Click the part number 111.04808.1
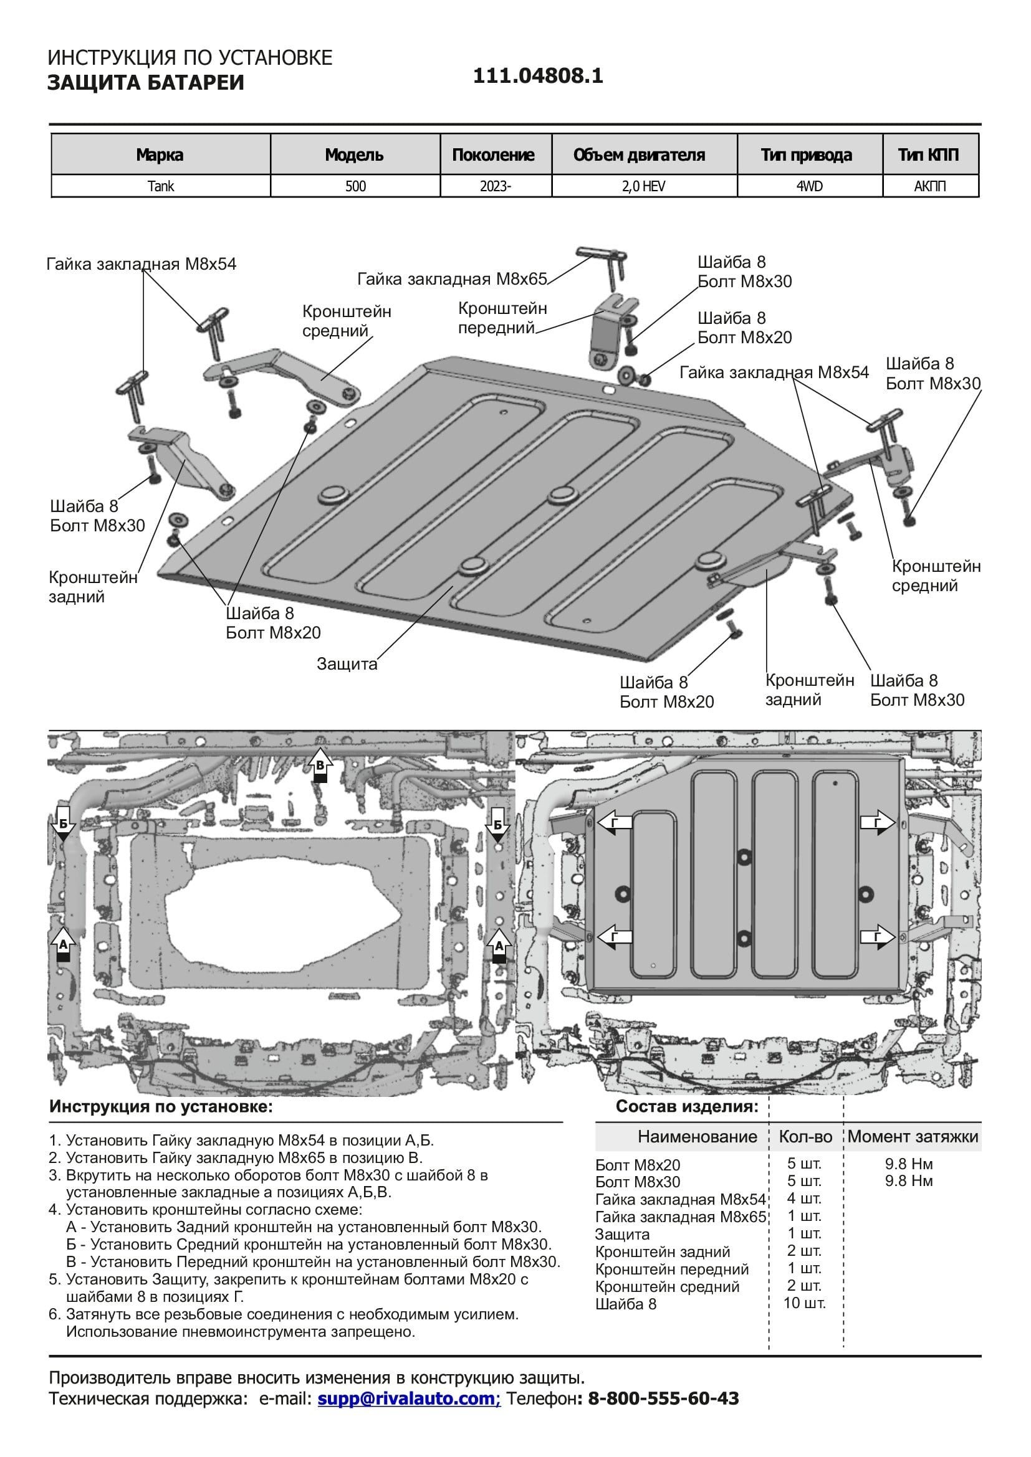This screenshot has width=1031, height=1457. [538, 76]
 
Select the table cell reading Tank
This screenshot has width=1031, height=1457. [161, 187]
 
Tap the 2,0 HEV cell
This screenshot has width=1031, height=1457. [644, 187]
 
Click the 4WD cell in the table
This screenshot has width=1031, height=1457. [810, 187]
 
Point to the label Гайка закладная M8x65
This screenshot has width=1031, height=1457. [451, 279]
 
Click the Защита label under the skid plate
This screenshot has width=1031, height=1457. [347, 664]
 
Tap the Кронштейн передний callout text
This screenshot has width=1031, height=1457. [502, 318]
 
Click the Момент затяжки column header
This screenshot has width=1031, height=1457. [913, 1137]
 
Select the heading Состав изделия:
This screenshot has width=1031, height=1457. [687, 1107]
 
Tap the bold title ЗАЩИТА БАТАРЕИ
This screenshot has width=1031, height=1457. [145, 82]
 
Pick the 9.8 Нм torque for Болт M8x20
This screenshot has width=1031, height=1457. [908, 1164]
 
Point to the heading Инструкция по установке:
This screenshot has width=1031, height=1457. [161, 1107]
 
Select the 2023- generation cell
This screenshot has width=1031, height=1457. [495, 187]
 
